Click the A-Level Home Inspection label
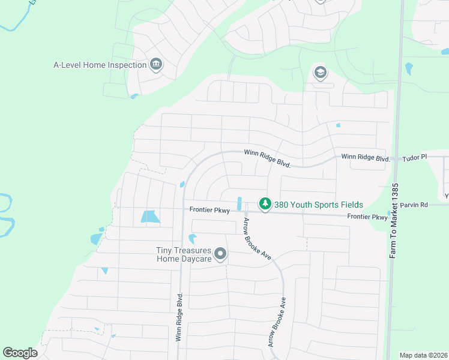tap(100, 65)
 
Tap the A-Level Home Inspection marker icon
tap(156, 64)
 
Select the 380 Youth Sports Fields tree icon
tap(265, 205)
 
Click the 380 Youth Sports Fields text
tap(318, 205)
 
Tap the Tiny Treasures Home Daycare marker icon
tap(220, 254)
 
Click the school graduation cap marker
tap(320, 73)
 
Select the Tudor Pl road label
tap(415, 157)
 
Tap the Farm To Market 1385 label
tap(394, 220)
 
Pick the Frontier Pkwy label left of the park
tap(209, 210)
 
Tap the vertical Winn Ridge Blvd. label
tap(179, 317)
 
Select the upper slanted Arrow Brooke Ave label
tap(257, 239)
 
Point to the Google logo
tap(20, 353)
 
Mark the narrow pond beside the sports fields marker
tap(240, 204)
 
